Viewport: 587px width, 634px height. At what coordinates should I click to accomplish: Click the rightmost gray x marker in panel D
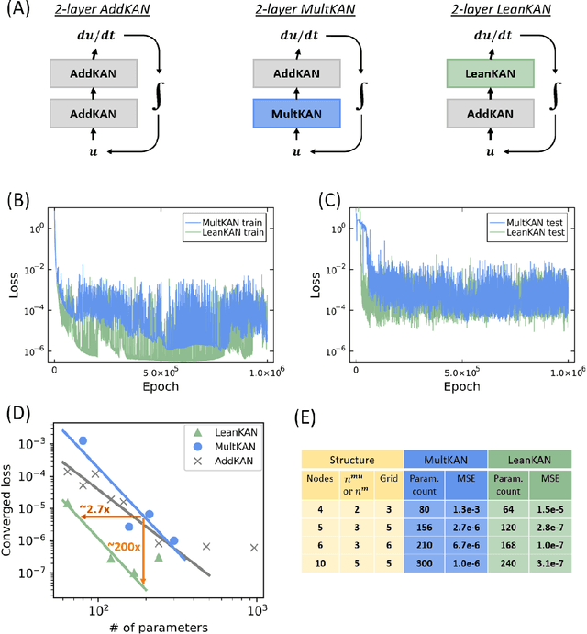tap(255, 573)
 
